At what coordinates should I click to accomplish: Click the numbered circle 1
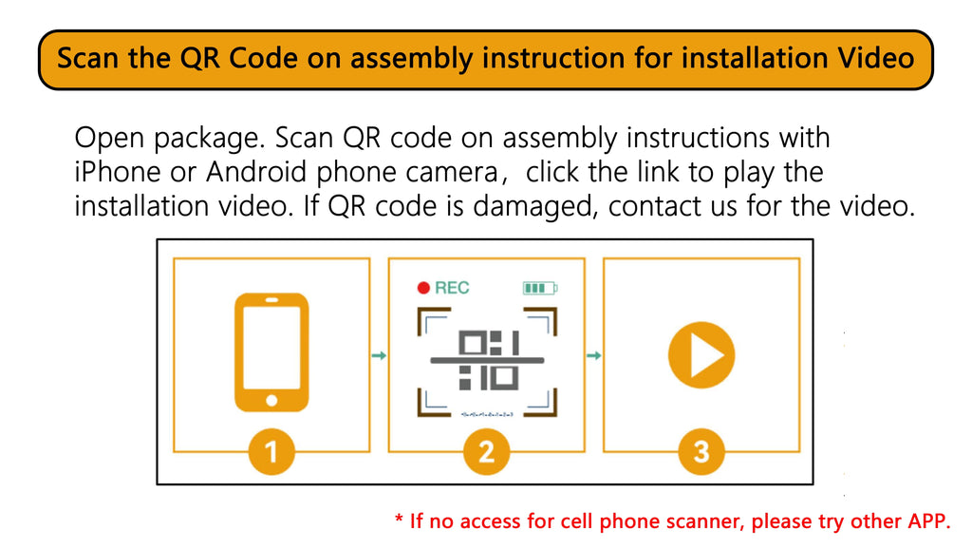coord(271,451)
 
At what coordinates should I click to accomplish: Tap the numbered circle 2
coord(487,451)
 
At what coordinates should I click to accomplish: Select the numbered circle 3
coord(701,451)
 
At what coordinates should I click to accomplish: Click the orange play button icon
coord(701,355)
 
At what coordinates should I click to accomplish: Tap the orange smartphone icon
coord(271,352)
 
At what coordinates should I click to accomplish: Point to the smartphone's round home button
coord(271,401)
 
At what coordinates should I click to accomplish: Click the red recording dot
coord(423,288)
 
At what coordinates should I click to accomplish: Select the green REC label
coord(452,288)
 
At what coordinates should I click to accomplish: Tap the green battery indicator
coord(540,288)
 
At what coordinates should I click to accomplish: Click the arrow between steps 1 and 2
coord(379,355)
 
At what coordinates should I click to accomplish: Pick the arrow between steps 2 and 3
coord(594,355)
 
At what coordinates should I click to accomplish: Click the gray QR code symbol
coord(488,360)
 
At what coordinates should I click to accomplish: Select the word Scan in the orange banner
coord(87,58)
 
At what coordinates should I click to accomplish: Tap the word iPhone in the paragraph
coord(118,172)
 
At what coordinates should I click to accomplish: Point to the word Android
coord(256,172)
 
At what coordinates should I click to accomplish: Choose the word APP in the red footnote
coord(929,521)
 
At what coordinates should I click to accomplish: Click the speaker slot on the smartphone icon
coord(271,300)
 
